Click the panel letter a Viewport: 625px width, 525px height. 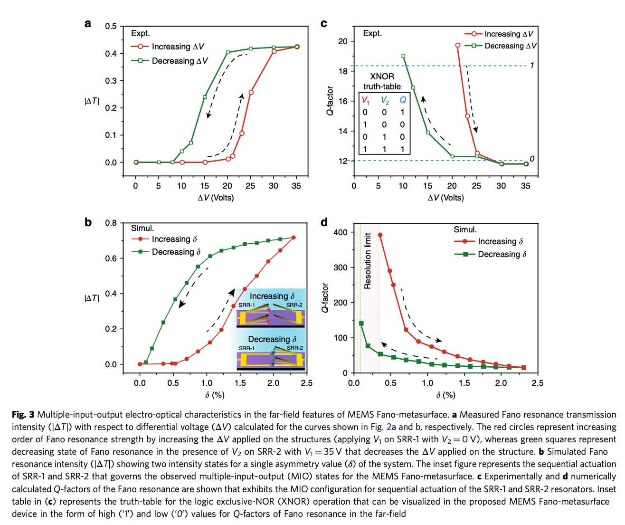click(x=88, y=23)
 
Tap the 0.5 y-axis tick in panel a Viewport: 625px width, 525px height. click(x=111, y=26)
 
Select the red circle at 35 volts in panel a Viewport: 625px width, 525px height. click(x=297, y=47)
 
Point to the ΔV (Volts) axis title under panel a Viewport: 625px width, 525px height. click(x=216, y=198)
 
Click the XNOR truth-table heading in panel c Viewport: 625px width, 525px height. click(x=382, y=81)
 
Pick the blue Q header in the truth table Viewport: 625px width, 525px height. click(x=402, y=100)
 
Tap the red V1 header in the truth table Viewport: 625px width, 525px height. click(x=365, y=100)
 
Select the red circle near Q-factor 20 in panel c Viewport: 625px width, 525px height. click(x=458, y=45)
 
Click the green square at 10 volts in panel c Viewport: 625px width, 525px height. click(x=403, y=56)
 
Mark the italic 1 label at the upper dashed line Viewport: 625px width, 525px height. click(x=532, y=65)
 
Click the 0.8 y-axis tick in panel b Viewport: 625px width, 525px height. click(x=111, y=223)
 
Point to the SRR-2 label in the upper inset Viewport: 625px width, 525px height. click(x=294, y=305)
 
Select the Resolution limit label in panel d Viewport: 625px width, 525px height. click(x=367, y=260)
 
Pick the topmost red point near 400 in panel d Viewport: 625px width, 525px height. click(x=380, y=235)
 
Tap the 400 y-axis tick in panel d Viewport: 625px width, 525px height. click(x=341, y=232)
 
